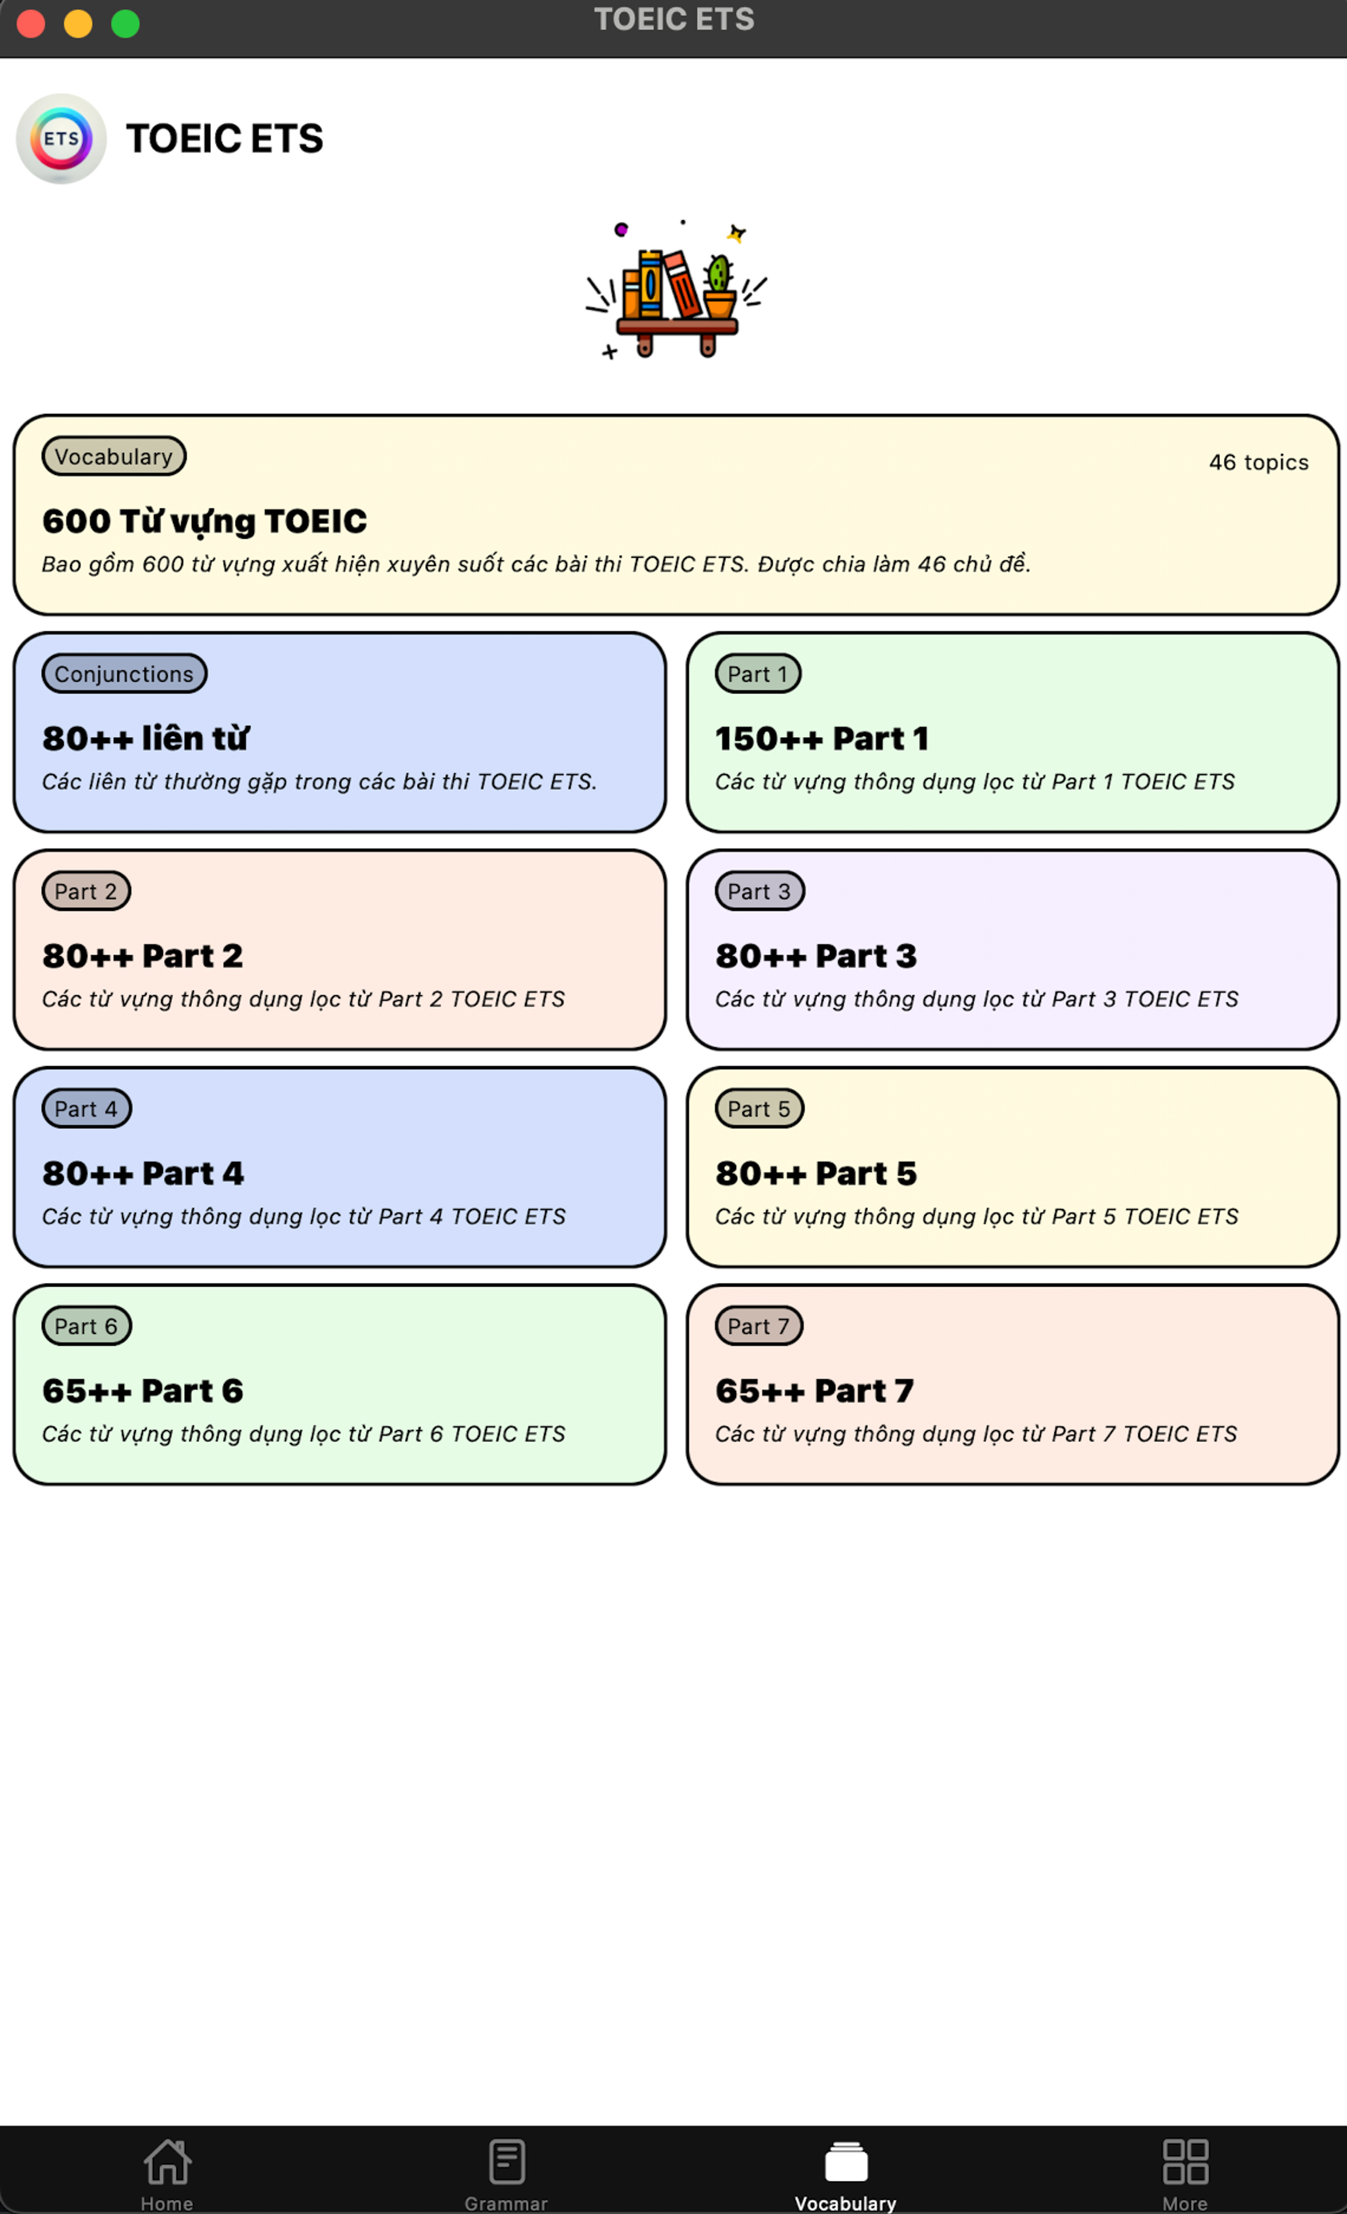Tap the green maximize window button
(x=125, y=24)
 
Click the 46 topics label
(x=1258, y=462)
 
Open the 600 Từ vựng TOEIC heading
(x=205, y=521)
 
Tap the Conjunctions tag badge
(x=124, y=674)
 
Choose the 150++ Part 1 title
(x=821, y=739)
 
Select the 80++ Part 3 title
(x=816, y=956)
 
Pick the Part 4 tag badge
(x=86, y=1109)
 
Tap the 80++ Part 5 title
(x=816, y=1174)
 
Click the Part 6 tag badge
(x=86, y=1326)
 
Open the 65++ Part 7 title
(x=814, y=1391)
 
